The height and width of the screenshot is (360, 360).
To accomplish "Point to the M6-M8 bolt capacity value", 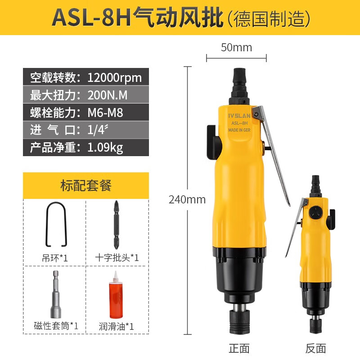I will (105, 112).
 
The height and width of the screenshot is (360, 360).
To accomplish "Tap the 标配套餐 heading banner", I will (85, 185).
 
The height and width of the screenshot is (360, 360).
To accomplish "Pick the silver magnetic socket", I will (56, 295).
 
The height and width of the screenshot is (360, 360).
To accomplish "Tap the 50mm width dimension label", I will (236, 47).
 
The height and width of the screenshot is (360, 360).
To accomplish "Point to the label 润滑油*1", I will (117, 325).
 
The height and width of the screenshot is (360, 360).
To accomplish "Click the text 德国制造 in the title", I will (270, 18).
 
